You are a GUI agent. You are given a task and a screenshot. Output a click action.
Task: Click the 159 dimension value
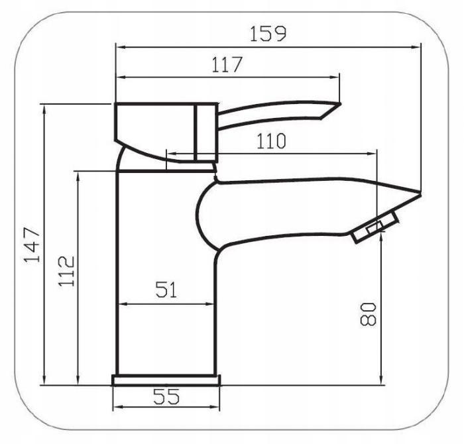[268, 33]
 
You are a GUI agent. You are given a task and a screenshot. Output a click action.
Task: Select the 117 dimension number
[227, 64]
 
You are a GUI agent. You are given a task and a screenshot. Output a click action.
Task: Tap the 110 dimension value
[271, 140]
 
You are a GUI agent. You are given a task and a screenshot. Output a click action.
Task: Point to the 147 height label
[32, 245]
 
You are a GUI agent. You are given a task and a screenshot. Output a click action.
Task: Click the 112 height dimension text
[66, 271]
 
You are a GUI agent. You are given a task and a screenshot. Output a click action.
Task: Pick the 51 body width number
[166, 290]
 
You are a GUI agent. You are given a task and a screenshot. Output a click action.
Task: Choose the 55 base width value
[166, 396]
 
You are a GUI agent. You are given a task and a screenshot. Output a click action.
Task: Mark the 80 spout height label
[368, 314]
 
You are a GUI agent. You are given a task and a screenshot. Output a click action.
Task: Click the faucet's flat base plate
[166, 380]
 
